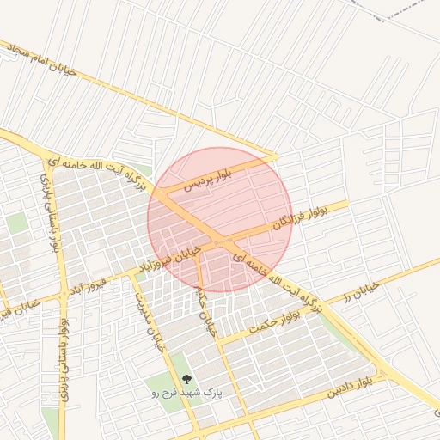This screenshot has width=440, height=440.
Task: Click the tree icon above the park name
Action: coord(186,378)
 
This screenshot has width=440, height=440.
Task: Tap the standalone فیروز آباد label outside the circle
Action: coord(91,282)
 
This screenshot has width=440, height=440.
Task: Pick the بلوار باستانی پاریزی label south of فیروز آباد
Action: coord(61,344)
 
